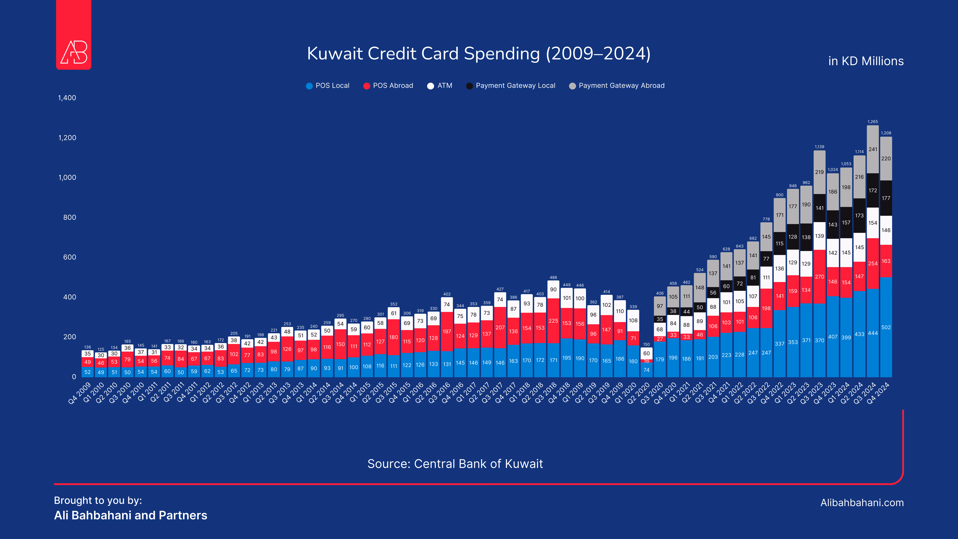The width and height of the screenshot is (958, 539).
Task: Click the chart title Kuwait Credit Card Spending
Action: pyautogui.click(x=479, y=54)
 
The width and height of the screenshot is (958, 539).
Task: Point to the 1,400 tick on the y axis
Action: pyautogui.click(x=67, y=98)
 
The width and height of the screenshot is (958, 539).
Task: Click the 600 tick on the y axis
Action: pyautogui.click(x=70, y=257)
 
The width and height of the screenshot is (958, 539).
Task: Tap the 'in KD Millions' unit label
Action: pyautogui.click(x=866, y=61)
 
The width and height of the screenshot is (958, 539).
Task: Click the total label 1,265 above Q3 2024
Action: pyautogui.click(x=872, y=122)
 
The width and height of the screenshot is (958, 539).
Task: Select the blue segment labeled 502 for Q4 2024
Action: pyautogui.click(x=886, y=327)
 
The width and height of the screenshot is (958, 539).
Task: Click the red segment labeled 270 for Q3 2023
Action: pyautogui.click(x=819, y=277)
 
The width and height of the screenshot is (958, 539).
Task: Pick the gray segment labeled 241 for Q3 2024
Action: pyautogui.click(x=872, y=149)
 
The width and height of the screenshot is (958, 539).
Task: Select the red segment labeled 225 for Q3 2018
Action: pyautogui.click(x=553, y=321)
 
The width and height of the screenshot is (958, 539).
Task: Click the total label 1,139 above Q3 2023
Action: pyautogui.click(x=819, y=147)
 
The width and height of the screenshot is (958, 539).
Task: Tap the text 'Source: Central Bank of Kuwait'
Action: pyautogui.click(x=455, y=464)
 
